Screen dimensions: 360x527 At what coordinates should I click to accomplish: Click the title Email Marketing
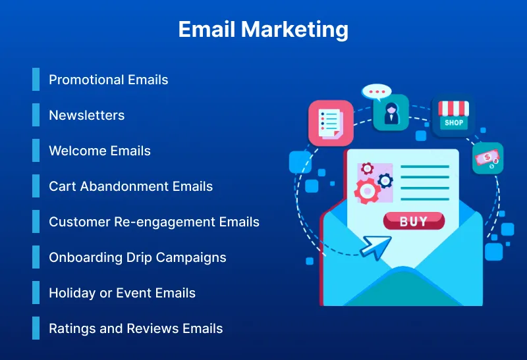(263, 30)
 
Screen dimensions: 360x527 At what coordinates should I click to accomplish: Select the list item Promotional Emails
(109, 80)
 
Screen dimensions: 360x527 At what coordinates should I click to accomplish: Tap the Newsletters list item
(86, 115)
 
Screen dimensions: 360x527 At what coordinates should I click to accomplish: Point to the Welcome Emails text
(99, 151)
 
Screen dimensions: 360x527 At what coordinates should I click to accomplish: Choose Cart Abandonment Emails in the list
(130, 186)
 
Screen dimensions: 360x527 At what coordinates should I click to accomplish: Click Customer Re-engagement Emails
(154, 222)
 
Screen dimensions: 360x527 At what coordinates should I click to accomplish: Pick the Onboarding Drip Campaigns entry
(137, 257)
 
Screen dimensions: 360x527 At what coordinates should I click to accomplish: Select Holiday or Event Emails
(122, 293)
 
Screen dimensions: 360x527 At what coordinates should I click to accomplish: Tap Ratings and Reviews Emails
(136, 328)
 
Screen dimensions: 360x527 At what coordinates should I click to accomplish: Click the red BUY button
(414, 221)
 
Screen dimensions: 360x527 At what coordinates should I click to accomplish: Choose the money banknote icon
(487, 158)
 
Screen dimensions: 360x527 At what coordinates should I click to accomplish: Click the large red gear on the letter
(366, 191)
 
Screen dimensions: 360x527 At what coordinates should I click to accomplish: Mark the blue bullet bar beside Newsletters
(36, 115)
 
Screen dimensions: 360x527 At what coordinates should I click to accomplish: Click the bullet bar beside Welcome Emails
(36, 151)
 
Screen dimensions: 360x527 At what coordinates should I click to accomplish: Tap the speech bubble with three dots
(377, 92)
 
